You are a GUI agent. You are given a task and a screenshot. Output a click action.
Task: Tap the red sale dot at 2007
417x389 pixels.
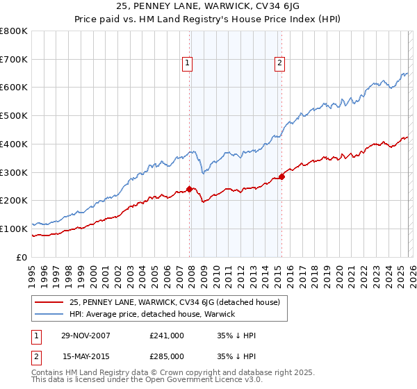190,188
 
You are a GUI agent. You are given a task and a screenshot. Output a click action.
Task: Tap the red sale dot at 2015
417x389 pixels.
281,176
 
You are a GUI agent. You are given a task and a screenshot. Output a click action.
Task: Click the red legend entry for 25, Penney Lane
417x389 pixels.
174,302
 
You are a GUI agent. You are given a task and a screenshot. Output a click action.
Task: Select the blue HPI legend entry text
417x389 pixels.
152,315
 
